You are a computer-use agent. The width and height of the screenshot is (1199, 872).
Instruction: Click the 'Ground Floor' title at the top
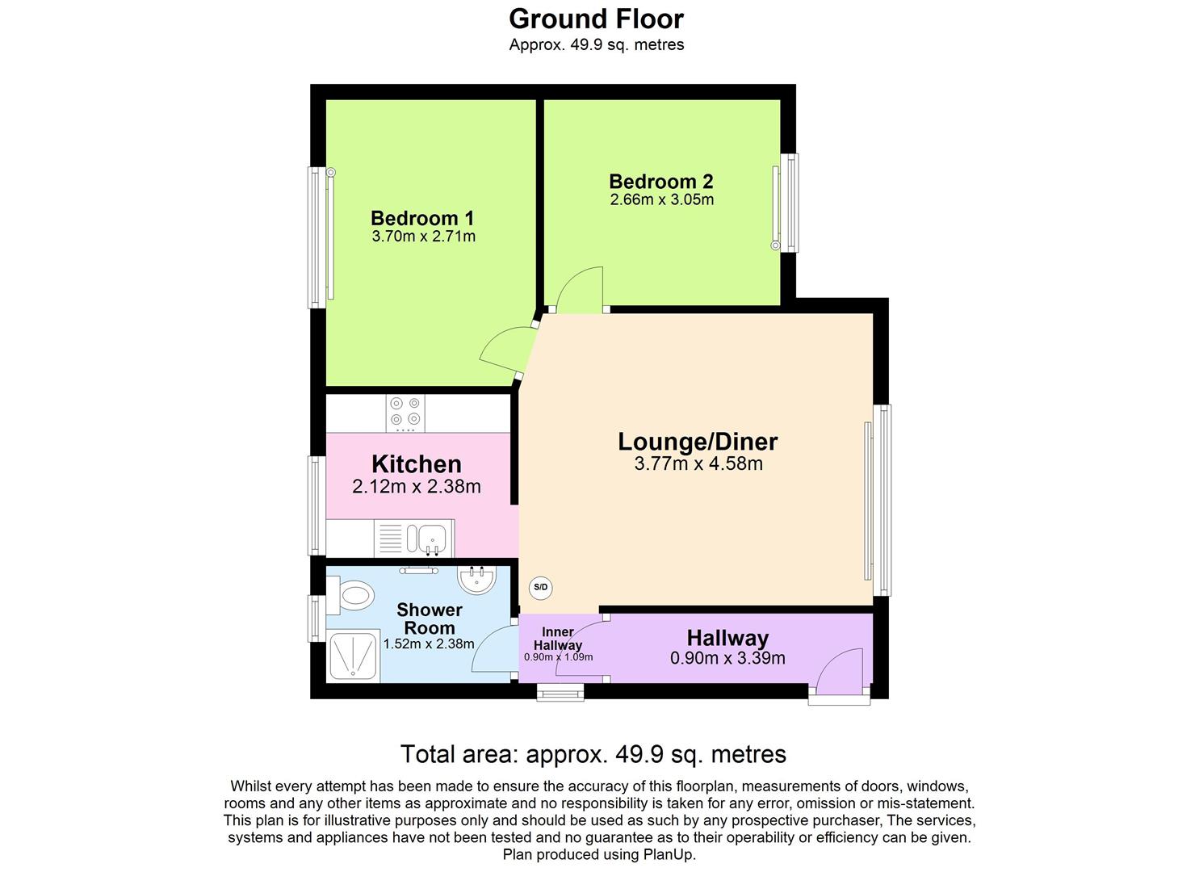coord(596,19)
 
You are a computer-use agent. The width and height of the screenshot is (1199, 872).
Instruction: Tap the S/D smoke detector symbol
coord(540,588)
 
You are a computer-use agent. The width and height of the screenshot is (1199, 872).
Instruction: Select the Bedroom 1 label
coord(422,218)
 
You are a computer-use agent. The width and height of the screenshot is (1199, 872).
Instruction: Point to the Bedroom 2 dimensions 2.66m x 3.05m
coord(661,199)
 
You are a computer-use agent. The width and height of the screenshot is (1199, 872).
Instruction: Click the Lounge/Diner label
coord(698,442)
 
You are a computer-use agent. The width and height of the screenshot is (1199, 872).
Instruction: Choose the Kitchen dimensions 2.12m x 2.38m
coord(417,487)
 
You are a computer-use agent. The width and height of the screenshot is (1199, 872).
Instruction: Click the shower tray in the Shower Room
coord(354,655)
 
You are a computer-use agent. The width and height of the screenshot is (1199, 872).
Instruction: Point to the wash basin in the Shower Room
coord(476,578)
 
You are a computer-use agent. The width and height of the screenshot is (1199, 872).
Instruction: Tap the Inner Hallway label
coord(558,639)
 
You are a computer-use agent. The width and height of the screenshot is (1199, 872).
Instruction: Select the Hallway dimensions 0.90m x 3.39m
coord(727,658)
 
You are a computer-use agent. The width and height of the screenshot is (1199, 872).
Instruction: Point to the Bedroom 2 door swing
coord(579,290)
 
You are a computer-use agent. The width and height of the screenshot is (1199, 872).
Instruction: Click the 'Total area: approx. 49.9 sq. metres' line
coord(593,754)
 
